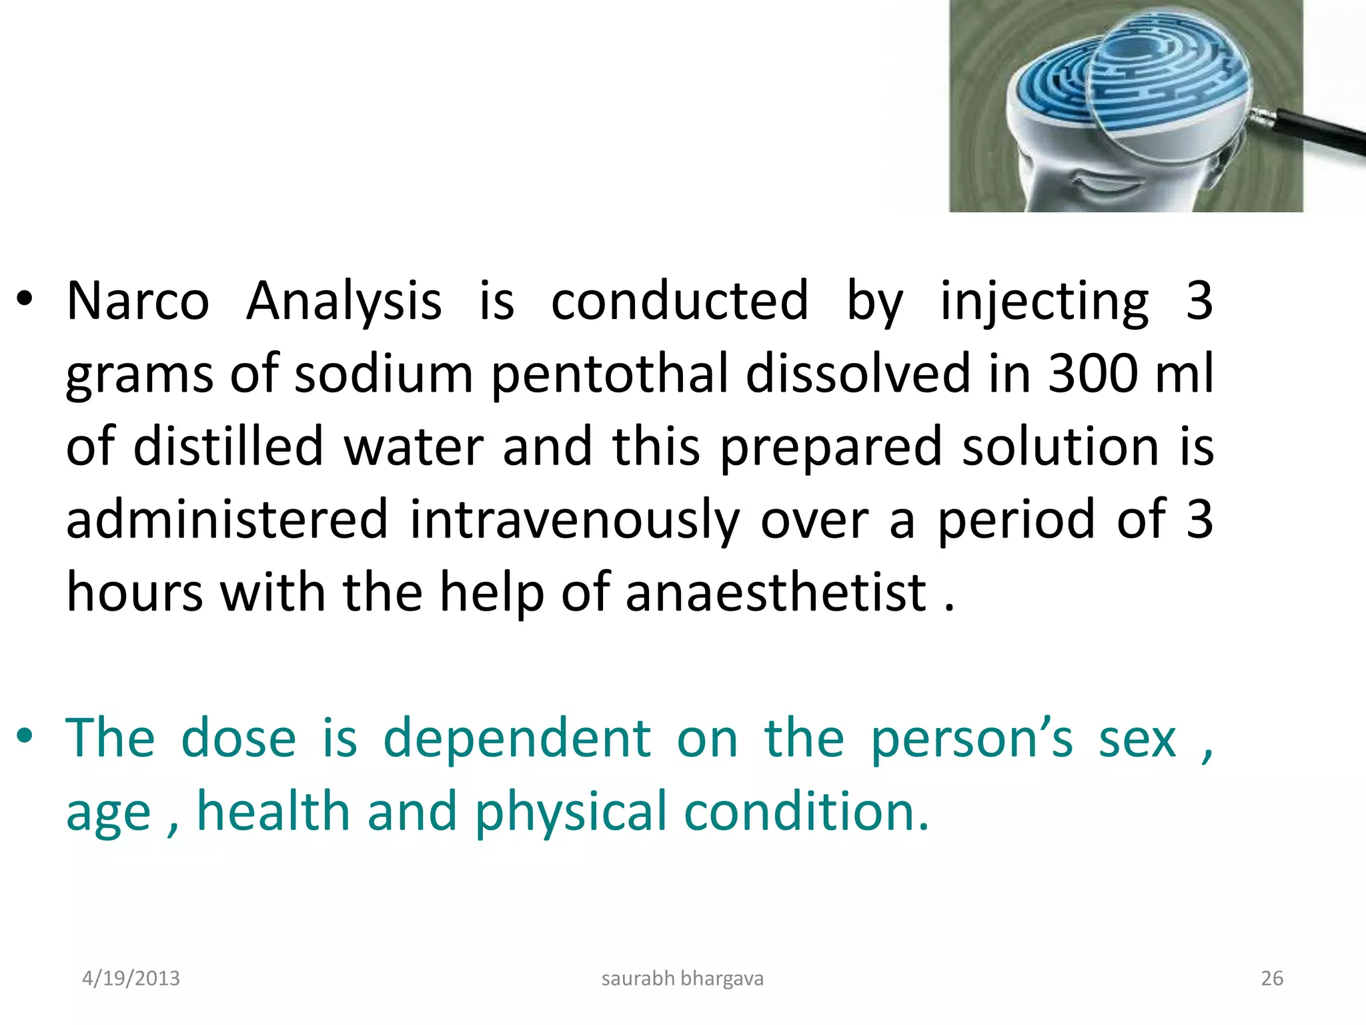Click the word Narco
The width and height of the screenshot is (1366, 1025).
[x=138, y=301]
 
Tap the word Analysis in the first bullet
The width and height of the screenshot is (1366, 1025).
[x=344, y=302]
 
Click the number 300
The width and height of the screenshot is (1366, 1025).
[x=1092, y=374]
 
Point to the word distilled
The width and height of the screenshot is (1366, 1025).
[x=228, y=446]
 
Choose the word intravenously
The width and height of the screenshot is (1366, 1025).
[x=574, y=521]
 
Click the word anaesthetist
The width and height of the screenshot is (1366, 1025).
[x=776, y=593]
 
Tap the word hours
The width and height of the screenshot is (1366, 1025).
[x=135, y=593]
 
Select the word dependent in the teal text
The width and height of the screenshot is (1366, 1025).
[x=517, y=739]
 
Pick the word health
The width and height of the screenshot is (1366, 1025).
[x=273, y=811]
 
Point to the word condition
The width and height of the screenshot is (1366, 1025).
[x=806, y=811]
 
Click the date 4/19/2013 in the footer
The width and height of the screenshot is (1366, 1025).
[x=131, y=978]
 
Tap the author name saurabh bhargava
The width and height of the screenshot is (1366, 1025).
[x=682, y=978]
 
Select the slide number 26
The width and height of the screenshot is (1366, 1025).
[x=1272, y=978]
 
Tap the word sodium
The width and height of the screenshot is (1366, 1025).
[x=384, y=374]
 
